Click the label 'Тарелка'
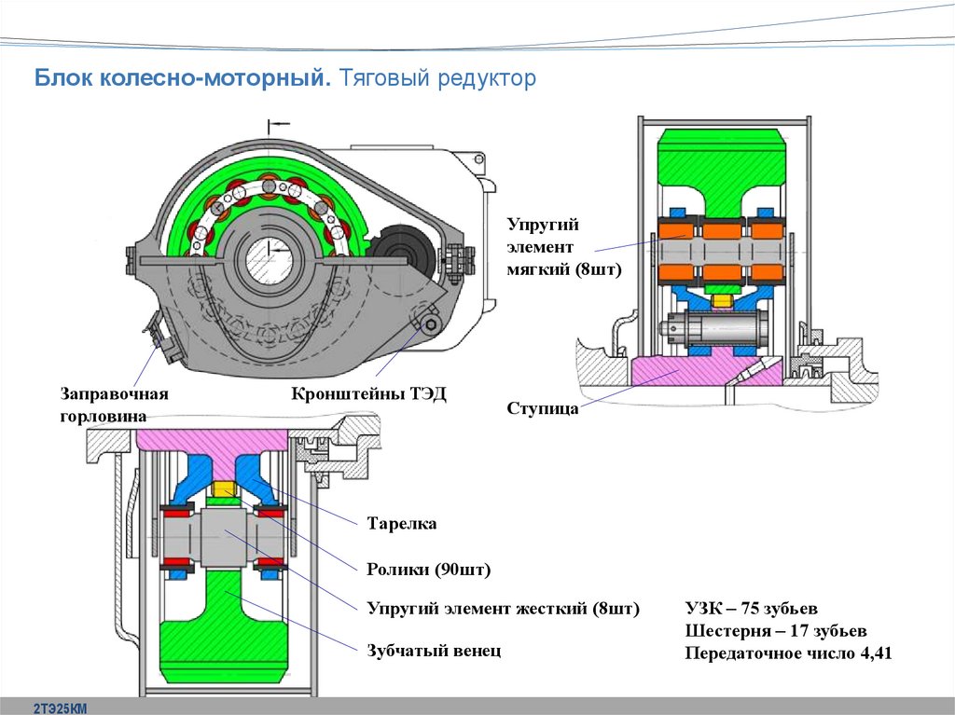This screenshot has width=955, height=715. coord(402,523)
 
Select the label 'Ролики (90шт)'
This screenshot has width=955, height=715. coord(428,570)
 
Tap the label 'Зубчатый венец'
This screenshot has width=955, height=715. coord(434,651)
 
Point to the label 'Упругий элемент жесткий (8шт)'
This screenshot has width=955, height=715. coord(503,609)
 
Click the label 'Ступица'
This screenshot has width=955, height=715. coord(542,407)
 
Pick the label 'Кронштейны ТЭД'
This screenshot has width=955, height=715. coord(369,393)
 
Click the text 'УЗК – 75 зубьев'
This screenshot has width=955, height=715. coord(751,609)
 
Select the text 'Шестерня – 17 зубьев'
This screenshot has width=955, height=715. coord(775,630)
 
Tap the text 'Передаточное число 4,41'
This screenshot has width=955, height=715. coord(788,653)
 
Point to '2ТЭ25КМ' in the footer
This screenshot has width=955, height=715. coord(61,708)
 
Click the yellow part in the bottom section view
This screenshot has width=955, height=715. coord(224,489)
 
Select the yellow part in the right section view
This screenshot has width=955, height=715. coord(723,301)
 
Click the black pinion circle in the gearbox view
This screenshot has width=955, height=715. coord(402,251)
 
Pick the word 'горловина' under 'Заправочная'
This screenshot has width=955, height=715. coord(104,417)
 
